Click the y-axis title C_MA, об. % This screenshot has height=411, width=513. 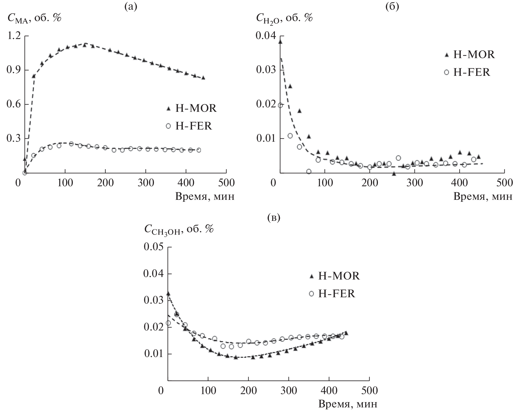coord(34,19)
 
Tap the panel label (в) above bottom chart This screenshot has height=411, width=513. coord(274,218)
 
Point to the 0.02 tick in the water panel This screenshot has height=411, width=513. coord(265,104)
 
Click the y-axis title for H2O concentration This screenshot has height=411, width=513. coord(284,19)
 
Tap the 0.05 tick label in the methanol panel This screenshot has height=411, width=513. coord(154,247)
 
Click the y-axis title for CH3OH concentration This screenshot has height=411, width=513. coord(179,229)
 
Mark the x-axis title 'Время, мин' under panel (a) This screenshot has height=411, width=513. coord(205,196)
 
